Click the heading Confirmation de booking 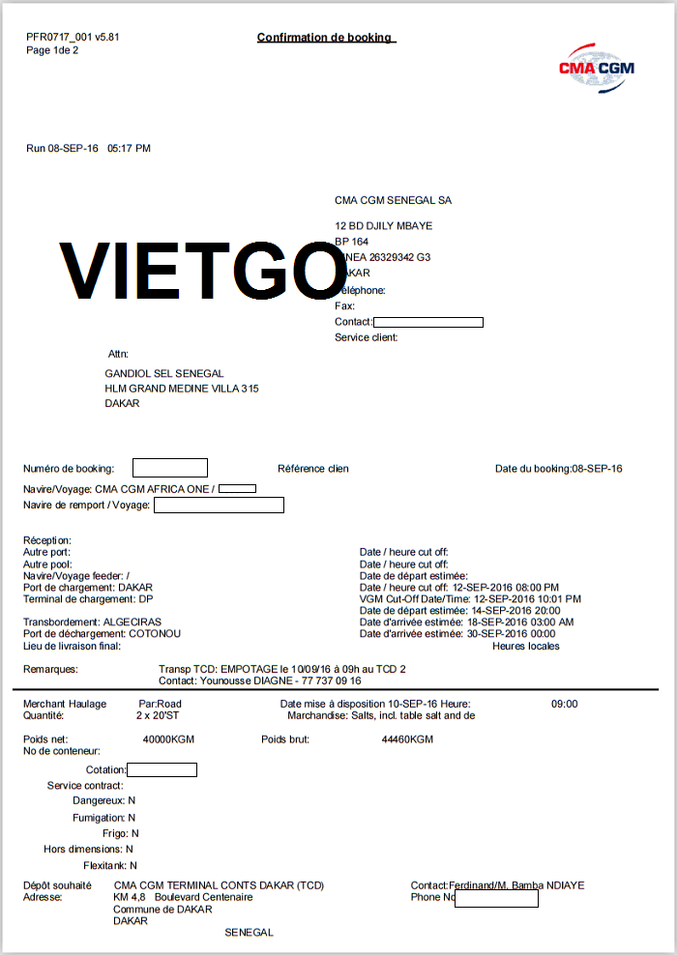tap(325, 38)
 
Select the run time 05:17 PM tap(129, 149)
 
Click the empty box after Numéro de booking tap(169, 468)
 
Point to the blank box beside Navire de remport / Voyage tap(219, 505)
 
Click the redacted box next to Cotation tap(162, 769)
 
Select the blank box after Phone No tap(496, 898)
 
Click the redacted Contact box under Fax tap(427, 322)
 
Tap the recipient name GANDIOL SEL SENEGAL tap(164, 373)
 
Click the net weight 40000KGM tap(170, 739)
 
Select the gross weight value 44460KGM tap(407, 739)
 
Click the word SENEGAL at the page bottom tap(249, 933)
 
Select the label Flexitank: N tap(110, 865)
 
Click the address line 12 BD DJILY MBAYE tap(383, 226)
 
